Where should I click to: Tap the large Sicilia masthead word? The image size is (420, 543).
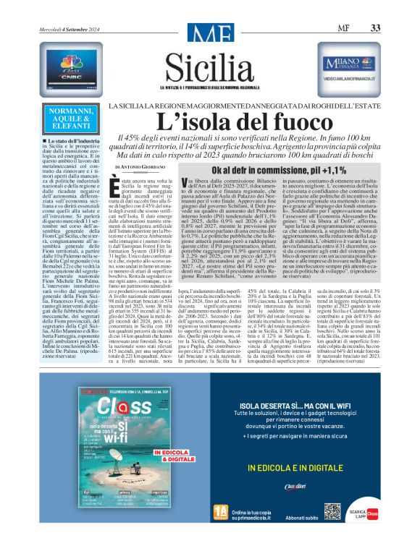click(x=209, y=53)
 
